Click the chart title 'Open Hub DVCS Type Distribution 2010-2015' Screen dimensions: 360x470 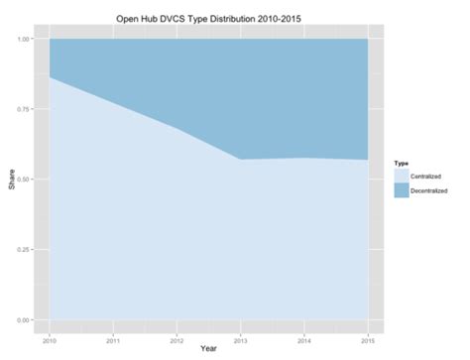tap(206, 17)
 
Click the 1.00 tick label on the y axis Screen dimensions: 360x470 tap(23, 39)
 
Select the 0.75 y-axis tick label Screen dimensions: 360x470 tap(23, 109)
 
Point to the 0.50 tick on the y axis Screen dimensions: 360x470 tap(23, 180)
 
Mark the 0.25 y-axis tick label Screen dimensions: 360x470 tap(23, 250)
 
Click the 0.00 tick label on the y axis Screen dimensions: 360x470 tap(23, 320)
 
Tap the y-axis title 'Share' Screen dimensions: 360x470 tap(9, 180)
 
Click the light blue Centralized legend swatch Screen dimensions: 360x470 tap(402, 175)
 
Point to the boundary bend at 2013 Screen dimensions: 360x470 tap(241, 160)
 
